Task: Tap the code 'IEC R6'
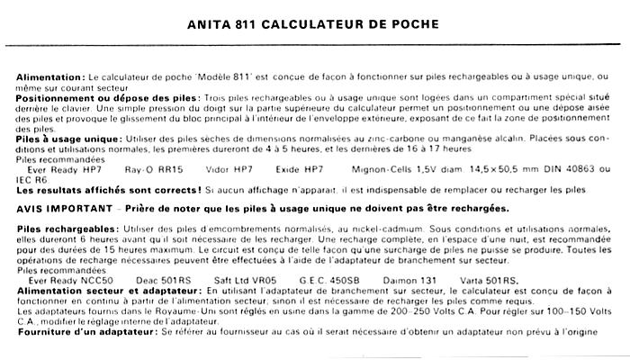pyautogui.click(x=28, y=181)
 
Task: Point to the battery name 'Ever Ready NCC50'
pyautogui.click(x=66, y=281)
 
